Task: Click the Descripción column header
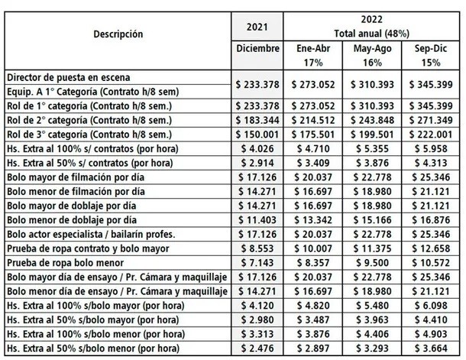(x=118, y=34)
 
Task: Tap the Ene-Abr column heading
(x=314, y=48)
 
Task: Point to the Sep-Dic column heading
(x=431, y=48)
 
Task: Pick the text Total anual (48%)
(x=371, y=34)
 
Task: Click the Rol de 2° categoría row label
(x=91, y=120)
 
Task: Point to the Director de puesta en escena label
(x=68, y=77)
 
